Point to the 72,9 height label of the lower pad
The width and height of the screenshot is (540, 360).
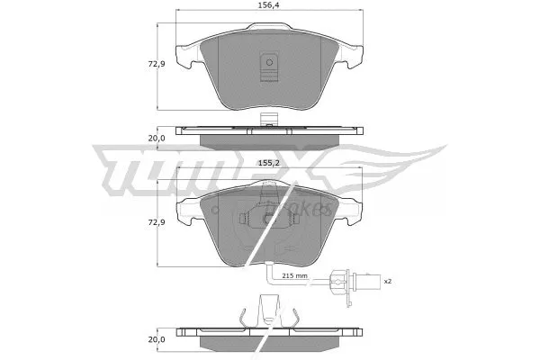157,221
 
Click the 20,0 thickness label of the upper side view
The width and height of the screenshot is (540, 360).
157,139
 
